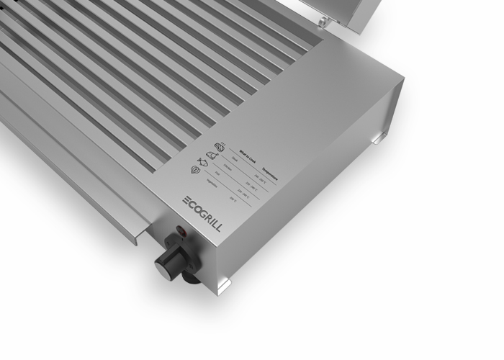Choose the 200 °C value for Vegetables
(233, 199)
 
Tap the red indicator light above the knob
(180, 234)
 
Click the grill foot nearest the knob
(222, 285)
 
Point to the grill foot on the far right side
(379, 139)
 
